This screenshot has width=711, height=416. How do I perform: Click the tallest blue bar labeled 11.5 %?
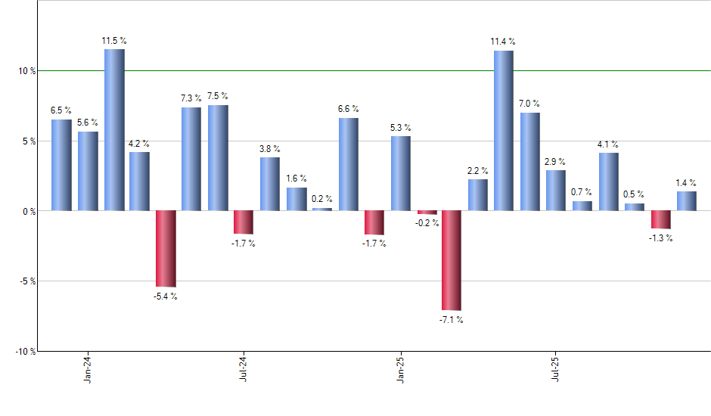coord(114,129)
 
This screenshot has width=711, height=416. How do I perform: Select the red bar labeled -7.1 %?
coord(452,260)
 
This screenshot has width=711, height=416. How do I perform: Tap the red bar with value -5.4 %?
coord(166,248)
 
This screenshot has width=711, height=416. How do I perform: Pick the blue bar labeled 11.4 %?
coord(503,130)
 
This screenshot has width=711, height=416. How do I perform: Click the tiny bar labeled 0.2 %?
coord(321,209)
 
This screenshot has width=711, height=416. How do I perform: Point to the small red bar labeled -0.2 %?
coord(427,213)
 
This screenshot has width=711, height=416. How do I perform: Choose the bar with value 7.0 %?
coord(529,161)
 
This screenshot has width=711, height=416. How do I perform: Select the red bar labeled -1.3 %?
coord(660,219)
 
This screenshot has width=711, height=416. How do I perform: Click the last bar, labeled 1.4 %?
coord(686,200)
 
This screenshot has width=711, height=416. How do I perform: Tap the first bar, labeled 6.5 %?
coord(61,165)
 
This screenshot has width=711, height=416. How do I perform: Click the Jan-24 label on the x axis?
coord(88,368)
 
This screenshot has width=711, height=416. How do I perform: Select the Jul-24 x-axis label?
coord(244,368)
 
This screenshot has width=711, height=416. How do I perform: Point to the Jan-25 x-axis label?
coord(400,368)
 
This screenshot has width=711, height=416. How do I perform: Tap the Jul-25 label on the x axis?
coord(556,368)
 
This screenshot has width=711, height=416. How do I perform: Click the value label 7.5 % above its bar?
coord(217,96)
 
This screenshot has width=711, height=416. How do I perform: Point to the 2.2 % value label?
coord(477,171)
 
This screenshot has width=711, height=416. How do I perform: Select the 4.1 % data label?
coord(608,144)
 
